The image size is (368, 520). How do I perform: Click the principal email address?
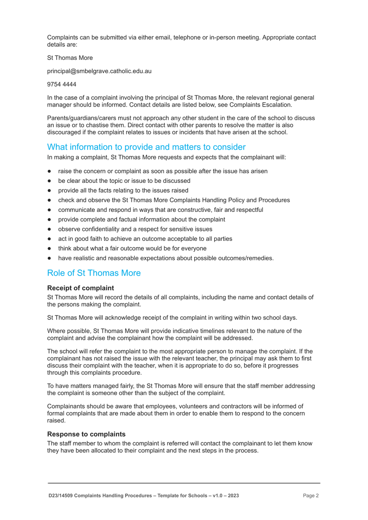[x=99, y=71]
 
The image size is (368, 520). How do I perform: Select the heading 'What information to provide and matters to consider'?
[x=147, y=147]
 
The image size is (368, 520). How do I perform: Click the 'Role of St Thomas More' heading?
[x=94, y=273]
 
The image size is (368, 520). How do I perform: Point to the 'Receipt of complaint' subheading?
[x=81, y=288]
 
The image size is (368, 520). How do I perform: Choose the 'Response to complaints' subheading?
[x=86, y=434]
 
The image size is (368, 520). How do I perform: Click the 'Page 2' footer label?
[x=311, y=496]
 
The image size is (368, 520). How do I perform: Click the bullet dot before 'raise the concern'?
[x=50, y=171]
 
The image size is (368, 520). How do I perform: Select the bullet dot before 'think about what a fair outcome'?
[x=50, y=249]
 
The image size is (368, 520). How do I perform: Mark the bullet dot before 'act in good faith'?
[x=50, y=239]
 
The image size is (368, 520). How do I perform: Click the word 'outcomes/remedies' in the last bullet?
[x=248, y=258]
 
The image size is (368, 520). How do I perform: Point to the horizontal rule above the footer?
[x=184, y=483]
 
